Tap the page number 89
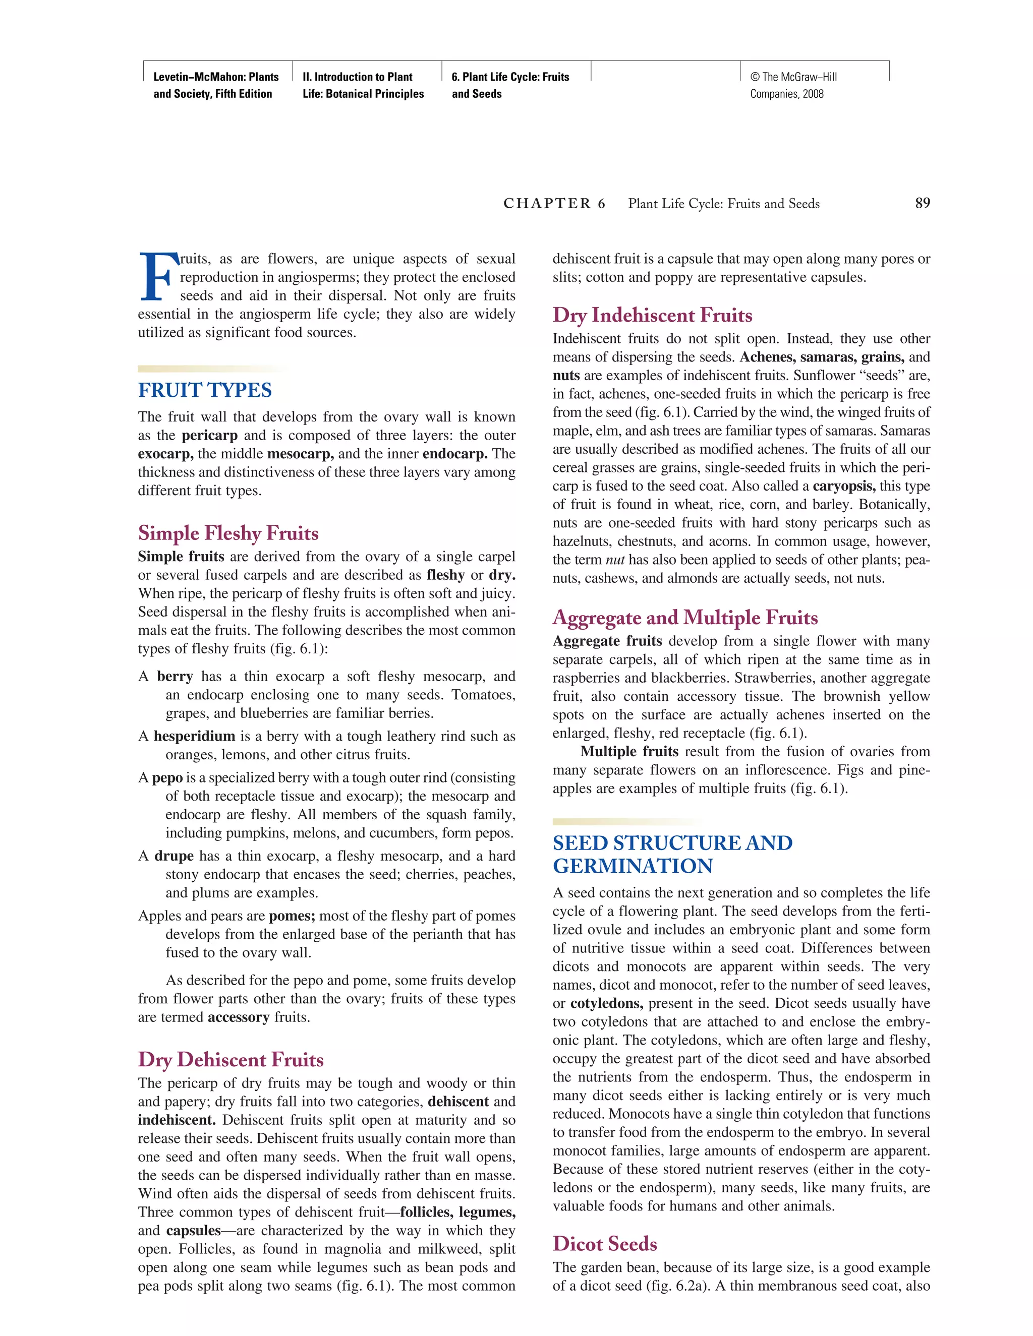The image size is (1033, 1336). point(922,204)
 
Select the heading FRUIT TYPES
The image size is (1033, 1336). point(205,390)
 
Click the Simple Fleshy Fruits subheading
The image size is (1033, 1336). point(228,533)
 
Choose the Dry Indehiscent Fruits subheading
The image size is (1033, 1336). point(652,316)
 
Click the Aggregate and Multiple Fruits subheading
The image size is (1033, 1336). point(685,618)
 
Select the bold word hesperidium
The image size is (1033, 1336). point(194,737)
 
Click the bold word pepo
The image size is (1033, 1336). point(167,778)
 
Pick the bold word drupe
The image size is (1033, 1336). point(174,857)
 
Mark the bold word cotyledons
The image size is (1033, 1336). point(606,1004)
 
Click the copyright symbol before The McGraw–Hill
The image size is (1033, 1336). point(755,77)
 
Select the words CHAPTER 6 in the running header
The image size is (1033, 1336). point(554,204)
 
